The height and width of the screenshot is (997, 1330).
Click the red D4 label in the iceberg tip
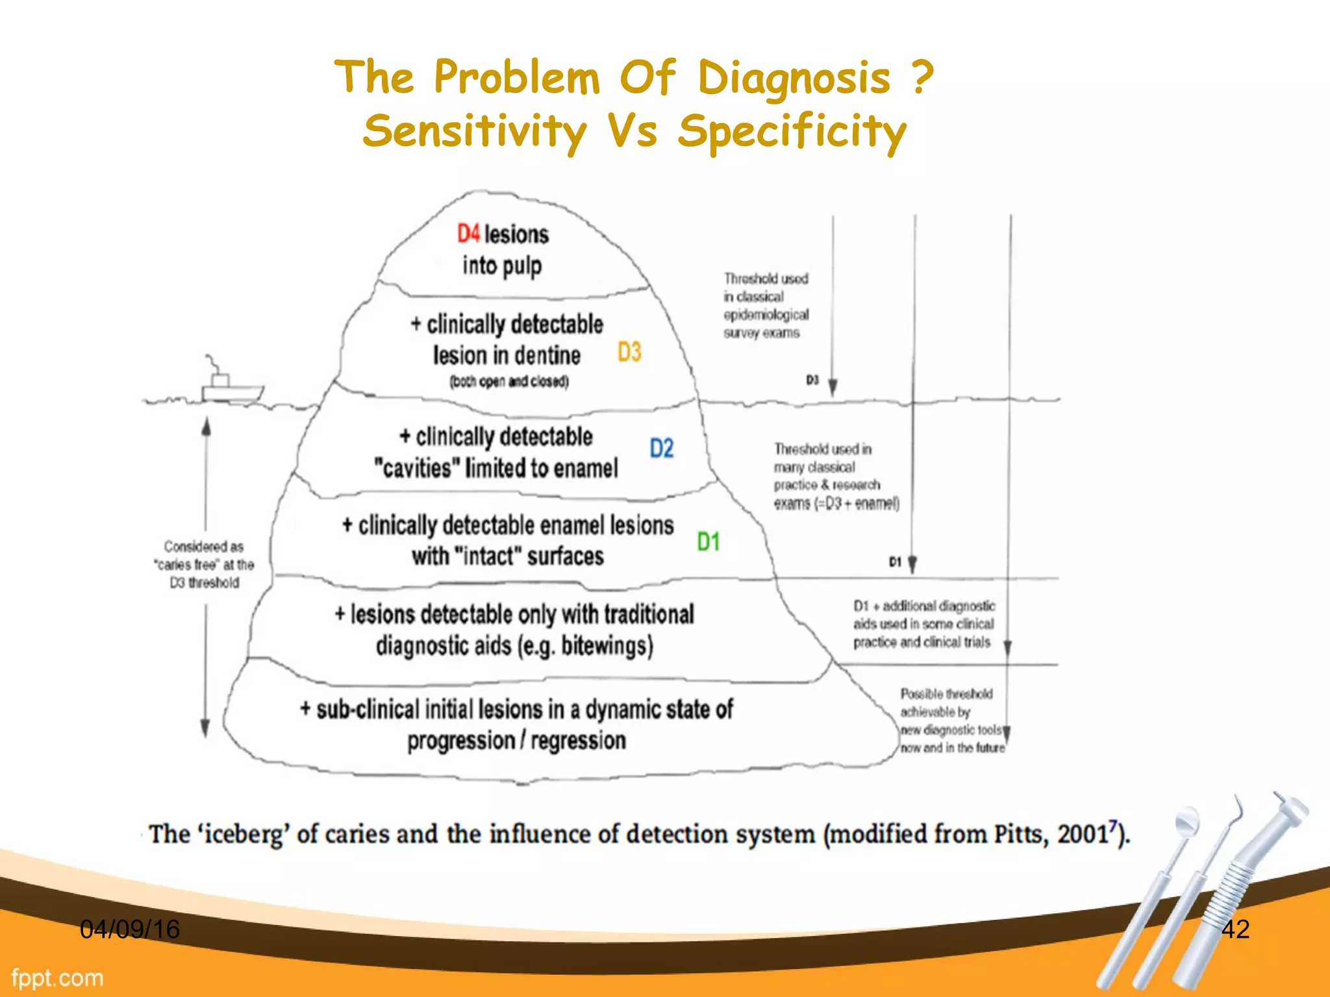(x=468, y=234)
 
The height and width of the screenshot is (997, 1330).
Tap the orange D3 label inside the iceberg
(x=629, y=352)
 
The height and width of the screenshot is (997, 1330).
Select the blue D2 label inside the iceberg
(x=662, y=449)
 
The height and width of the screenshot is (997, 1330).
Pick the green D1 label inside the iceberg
(x=708, y=541)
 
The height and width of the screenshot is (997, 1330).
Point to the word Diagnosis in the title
(x=794, y=78)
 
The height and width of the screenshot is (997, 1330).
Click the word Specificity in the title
(x=792, y=131)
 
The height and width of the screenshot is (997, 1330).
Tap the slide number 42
(x=1235, y=929)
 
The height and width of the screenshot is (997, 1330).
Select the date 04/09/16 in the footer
(x=129, y=929)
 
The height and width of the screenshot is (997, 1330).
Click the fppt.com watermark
(x=57, y=978)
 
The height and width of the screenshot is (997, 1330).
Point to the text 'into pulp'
(x=502, y=265)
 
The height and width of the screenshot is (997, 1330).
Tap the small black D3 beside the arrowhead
(x=812, y=380)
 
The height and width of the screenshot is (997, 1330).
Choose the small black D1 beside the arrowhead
(x=895, y=561)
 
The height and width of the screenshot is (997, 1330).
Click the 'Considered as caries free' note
(x=205, y=565)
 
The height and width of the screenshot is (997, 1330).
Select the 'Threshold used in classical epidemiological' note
(x=766, y=306)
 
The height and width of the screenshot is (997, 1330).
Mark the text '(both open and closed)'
(x=509, y=382)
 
